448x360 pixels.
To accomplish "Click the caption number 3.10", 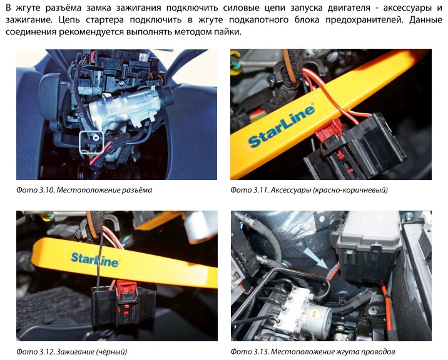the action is click(46, 190).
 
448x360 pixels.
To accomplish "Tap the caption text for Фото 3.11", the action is click(309, 190).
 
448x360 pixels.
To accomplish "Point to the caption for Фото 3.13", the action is click(313, 351).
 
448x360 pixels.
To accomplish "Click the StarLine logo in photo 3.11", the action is click(282, 126).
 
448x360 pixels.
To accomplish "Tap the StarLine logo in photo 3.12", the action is click(95, 259).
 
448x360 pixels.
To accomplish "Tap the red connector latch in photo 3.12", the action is click(127, 291).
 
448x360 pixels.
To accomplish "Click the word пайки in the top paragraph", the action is click(227, 32).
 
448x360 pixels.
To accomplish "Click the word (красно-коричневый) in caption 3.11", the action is click(350, 190).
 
